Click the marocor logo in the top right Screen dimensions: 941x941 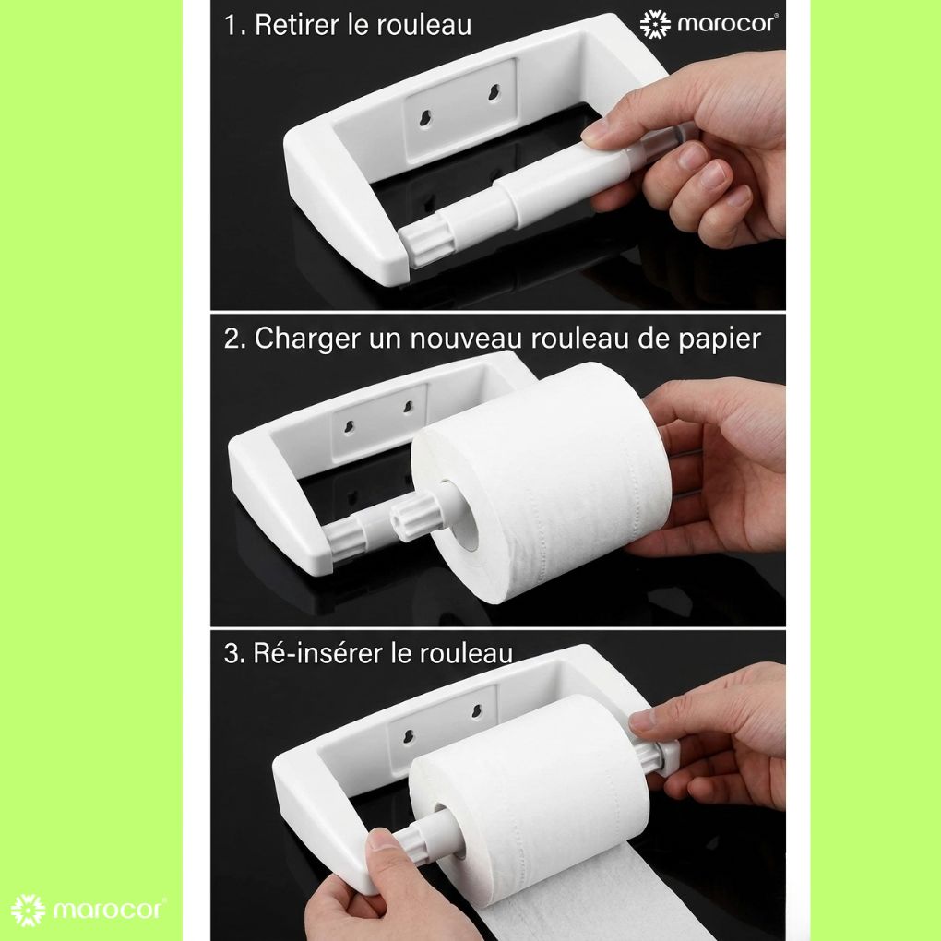coord(709,23)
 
